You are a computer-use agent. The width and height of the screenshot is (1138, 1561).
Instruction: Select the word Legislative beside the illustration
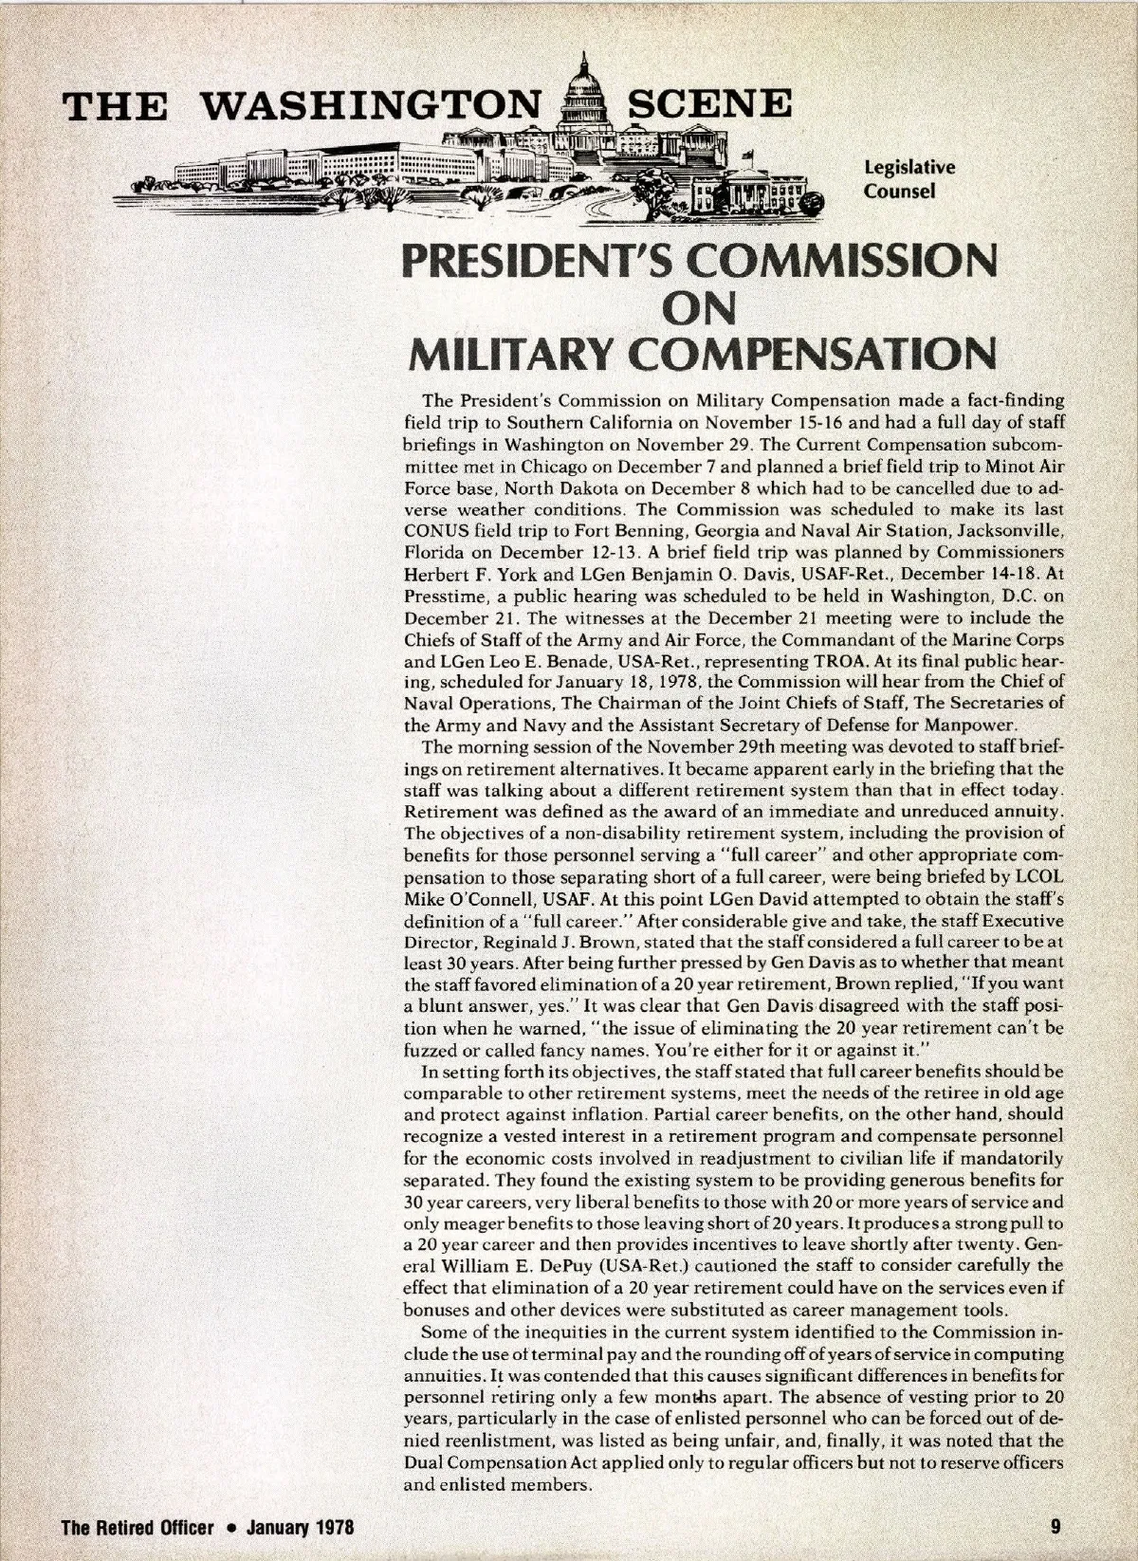[909, 168]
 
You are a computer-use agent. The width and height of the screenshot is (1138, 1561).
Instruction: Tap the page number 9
[1055, 1527]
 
